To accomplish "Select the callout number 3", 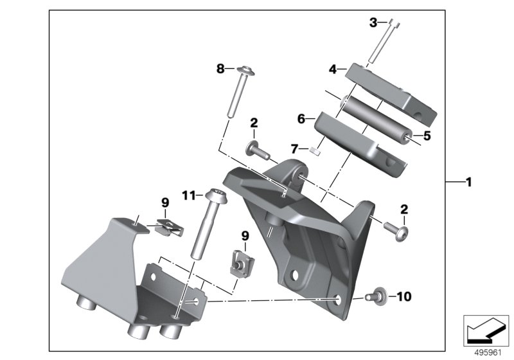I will coord(374,22).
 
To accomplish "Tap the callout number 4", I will coord(333,68).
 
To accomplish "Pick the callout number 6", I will coord(301,118).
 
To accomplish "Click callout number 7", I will coord(294,148).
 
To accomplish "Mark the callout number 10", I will coord(403,297).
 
